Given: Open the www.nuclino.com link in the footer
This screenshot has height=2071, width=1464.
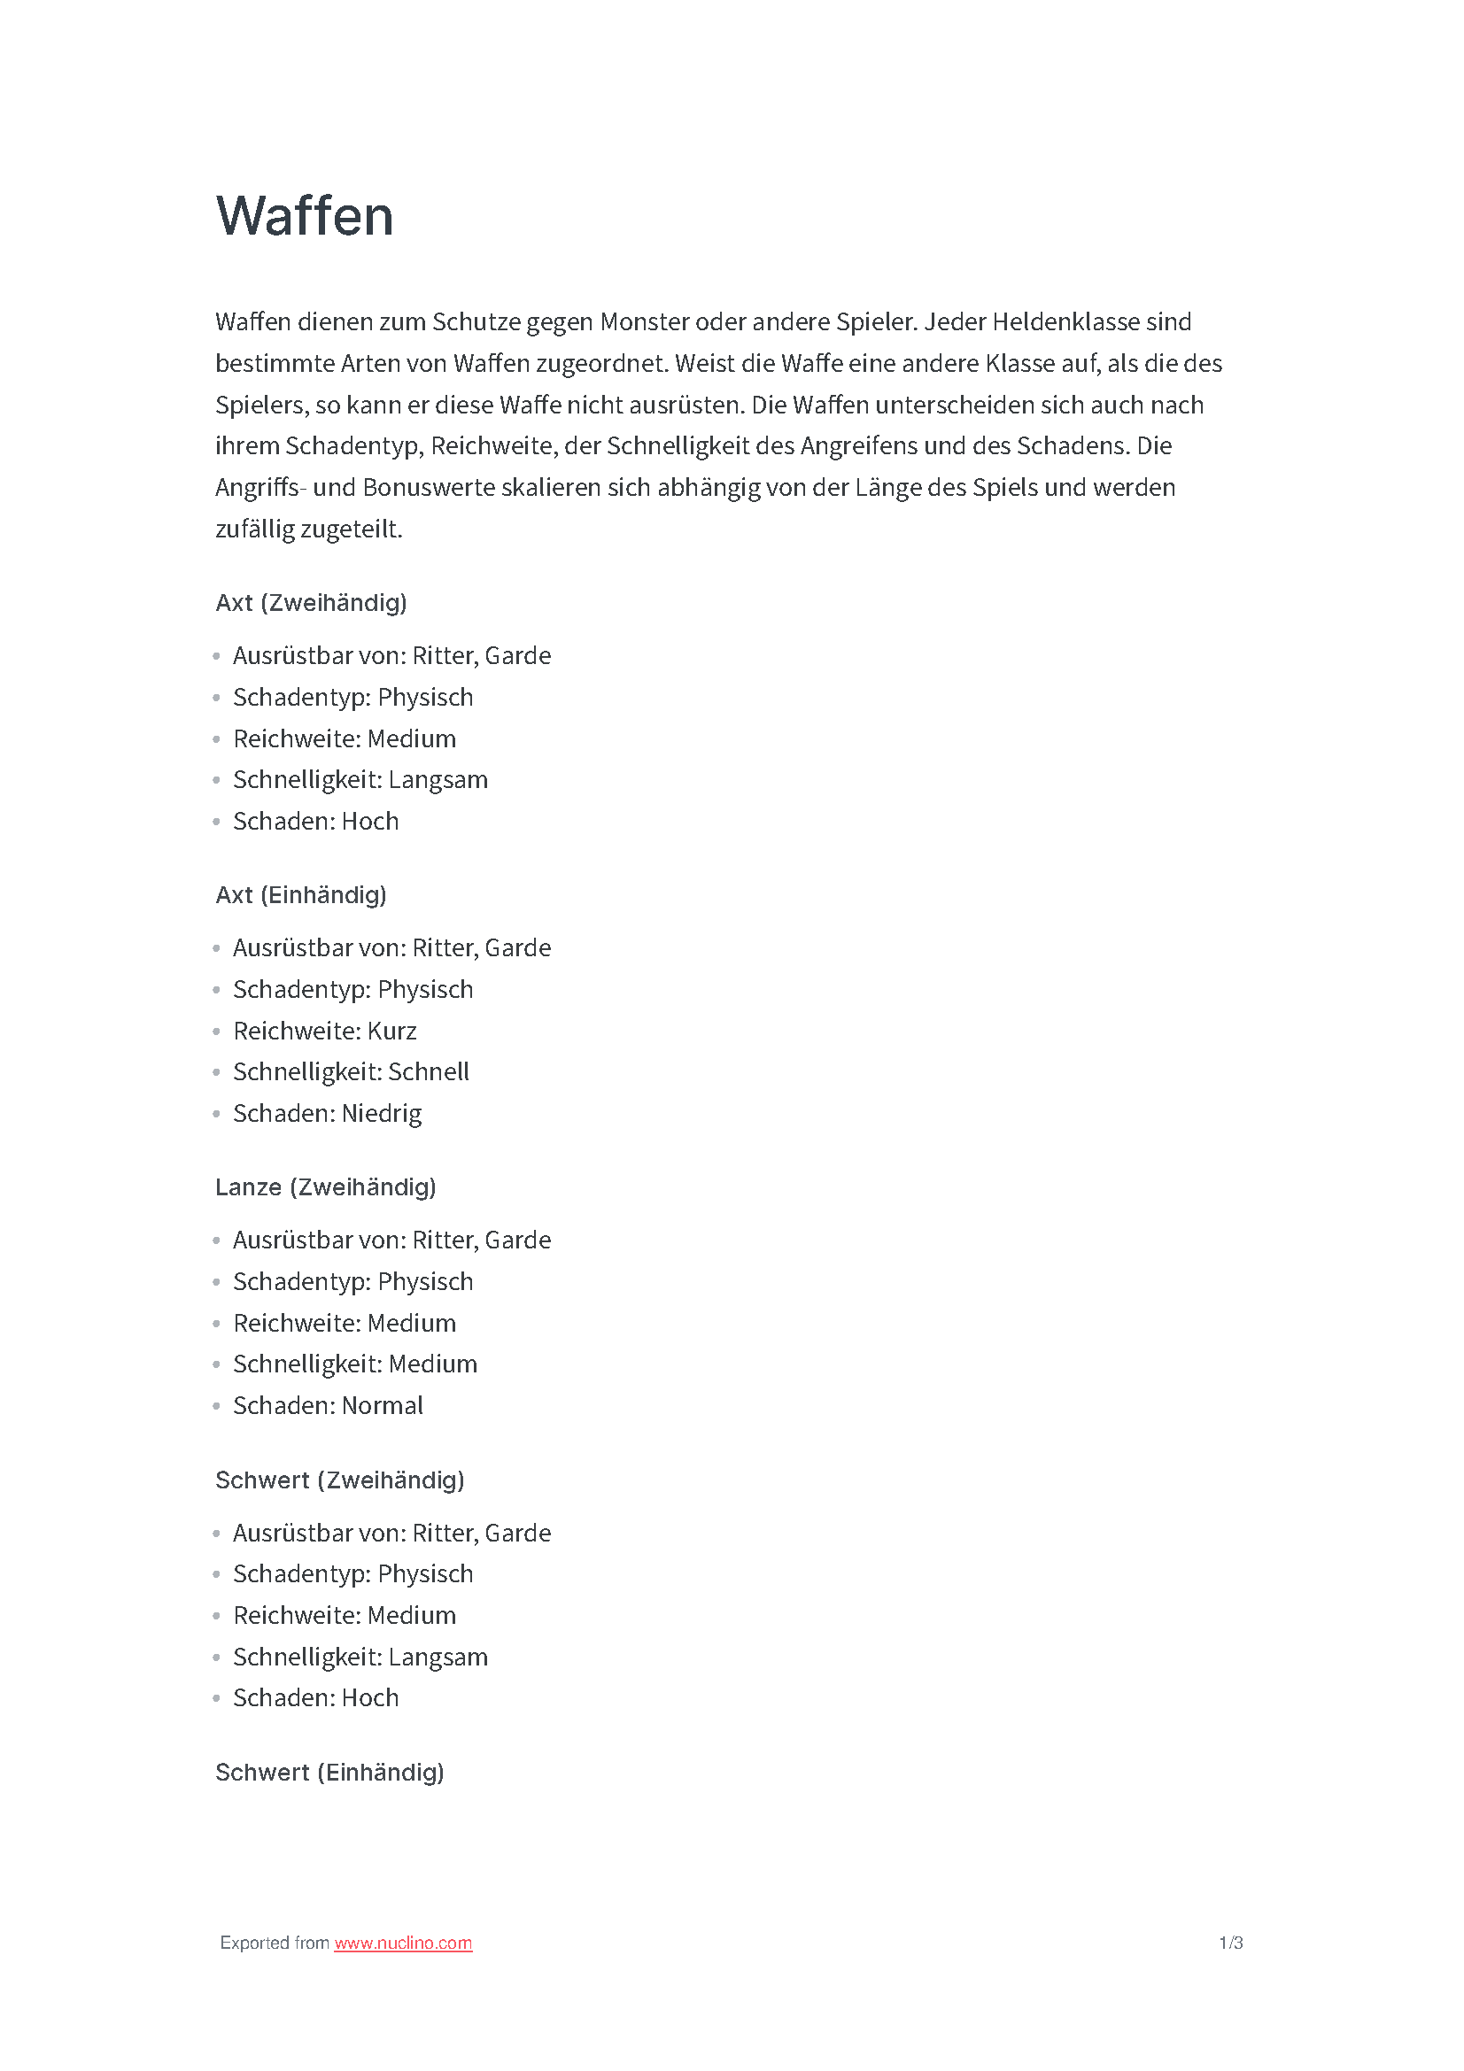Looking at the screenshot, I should point(402,1942).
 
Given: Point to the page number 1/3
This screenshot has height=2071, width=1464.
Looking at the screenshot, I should point(1230,1942).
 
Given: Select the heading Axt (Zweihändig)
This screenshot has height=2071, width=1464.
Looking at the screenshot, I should point(311,603).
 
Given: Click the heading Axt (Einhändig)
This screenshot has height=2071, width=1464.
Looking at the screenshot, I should point(300,895).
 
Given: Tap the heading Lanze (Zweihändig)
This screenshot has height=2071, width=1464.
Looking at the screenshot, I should point(326,1187).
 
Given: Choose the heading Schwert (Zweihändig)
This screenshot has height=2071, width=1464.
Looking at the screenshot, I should point(339,1480).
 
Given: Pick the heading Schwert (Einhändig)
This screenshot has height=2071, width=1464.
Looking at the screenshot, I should point(329,1773).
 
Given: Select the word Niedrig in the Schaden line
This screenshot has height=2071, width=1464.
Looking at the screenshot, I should point(382,1114).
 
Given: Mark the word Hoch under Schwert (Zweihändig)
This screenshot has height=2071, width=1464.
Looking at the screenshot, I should point(370,1698).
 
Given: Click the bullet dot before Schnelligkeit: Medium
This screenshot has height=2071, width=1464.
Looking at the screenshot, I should point(216,1364).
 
